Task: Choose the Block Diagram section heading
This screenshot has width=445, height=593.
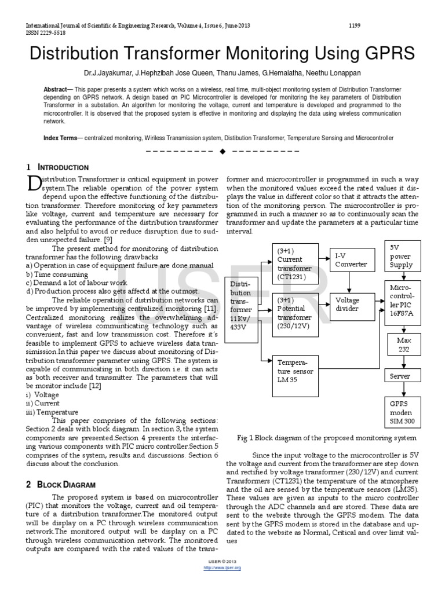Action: pyautogui.click(x=62, y=484)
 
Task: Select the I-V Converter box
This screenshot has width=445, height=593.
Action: pyautogui.click(x=351, y=260)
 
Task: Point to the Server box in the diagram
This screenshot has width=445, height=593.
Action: pyautogui.click(x=401, y=376)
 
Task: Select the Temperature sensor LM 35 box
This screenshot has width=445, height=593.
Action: pyautogui.click(x=296, y=373)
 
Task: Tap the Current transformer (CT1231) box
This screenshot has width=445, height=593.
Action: pyautogui.click(x=295, y=264)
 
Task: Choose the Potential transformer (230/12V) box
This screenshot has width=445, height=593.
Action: pyautogui.click(x=295, y=313)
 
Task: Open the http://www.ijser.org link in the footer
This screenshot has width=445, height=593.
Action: pyautogui.click(x=222, y=568)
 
